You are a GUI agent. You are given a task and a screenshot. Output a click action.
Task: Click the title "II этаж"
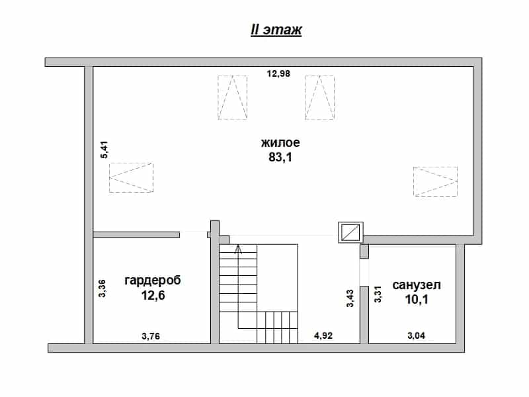point(276,30)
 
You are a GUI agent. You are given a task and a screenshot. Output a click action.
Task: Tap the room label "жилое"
point(280,142)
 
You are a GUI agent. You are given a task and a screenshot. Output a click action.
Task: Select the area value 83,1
point(280,157)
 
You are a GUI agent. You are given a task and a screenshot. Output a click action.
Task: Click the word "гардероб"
point(153,281)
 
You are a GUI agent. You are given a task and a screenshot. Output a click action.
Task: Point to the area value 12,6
point(153,295)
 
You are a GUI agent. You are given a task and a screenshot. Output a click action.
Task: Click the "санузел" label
point(417,285)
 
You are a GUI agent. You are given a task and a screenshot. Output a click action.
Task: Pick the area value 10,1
point(417,300)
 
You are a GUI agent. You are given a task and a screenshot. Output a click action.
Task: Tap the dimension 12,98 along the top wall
point(278,73)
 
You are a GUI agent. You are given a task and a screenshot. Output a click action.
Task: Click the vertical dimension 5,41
point(104,150)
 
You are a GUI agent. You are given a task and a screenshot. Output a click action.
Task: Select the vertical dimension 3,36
point(102,288)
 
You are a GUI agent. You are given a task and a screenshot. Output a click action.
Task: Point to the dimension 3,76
point(151,336)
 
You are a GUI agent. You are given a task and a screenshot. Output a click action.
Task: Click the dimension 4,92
point(323,335)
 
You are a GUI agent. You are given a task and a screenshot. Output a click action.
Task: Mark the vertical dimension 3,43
point(350,298)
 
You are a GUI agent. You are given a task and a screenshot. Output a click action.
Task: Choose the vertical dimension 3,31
point(378,294)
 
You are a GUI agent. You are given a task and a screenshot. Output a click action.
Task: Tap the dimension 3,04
point(417,335)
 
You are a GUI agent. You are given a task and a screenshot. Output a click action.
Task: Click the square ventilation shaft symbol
point(351,232)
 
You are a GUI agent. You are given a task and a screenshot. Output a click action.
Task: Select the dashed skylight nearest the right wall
point(435,181)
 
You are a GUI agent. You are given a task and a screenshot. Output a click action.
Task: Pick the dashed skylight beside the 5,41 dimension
point(131,177)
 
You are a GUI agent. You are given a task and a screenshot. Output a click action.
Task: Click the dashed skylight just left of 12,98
point(233,97)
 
